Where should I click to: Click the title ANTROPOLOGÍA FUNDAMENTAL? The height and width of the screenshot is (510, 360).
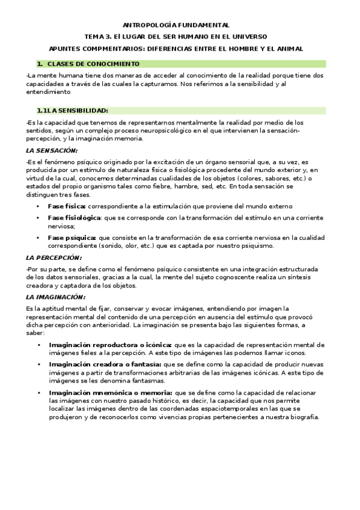[176, 25]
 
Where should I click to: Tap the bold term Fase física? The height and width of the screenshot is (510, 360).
[67, 206]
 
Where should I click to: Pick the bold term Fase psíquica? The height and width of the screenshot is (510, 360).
[72, 238]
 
